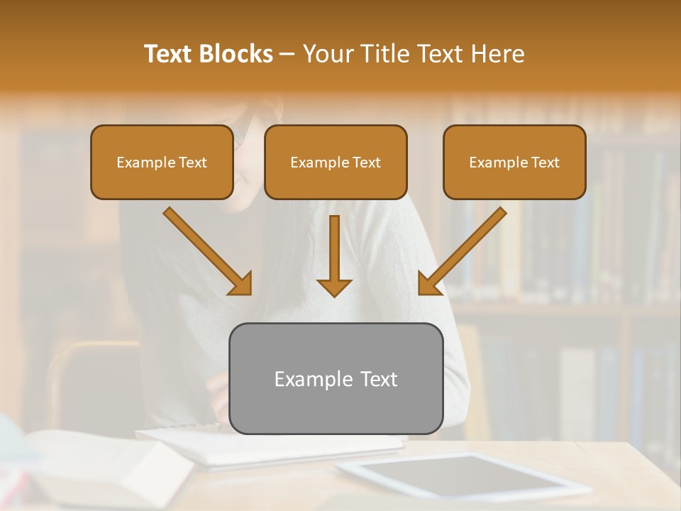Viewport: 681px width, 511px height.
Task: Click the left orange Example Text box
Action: point(162,163)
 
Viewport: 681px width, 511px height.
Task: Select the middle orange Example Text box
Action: point(336,163)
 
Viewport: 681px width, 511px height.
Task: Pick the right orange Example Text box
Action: point(514,163)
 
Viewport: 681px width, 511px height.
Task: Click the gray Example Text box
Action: point(336,378)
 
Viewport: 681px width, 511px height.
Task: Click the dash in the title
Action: point(288,54)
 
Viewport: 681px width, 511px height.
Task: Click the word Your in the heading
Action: point(328,54)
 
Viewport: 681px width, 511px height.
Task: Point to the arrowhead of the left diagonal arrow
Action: point(241,284)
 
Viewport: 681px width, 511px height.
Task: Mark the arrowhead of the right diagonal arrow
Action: point(428,284)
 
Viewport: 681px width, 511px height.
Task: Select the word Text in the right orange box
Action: point(545,163)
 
